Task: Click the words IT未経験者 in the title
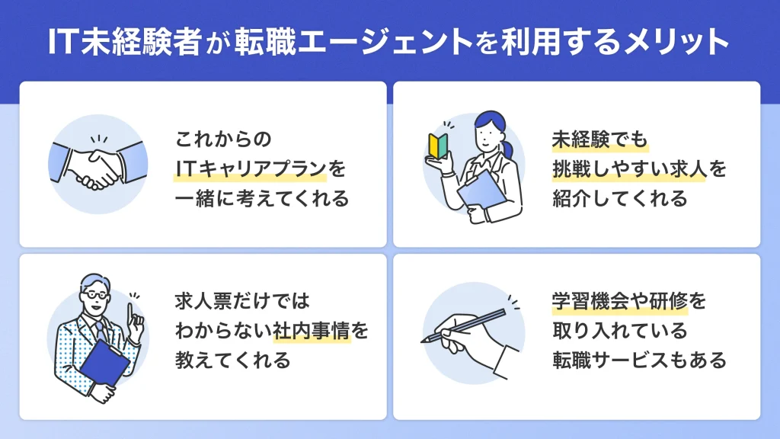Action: click(x=126, y=43)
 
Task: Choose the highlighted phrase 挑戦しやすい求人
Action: click(x=629, y=169)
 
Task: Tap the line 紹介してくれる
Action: click(x=620, y=199)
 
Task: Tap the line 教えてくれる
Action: click(x=233, y=360)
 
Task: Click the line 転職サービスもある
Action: click(x=639, y=360)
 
